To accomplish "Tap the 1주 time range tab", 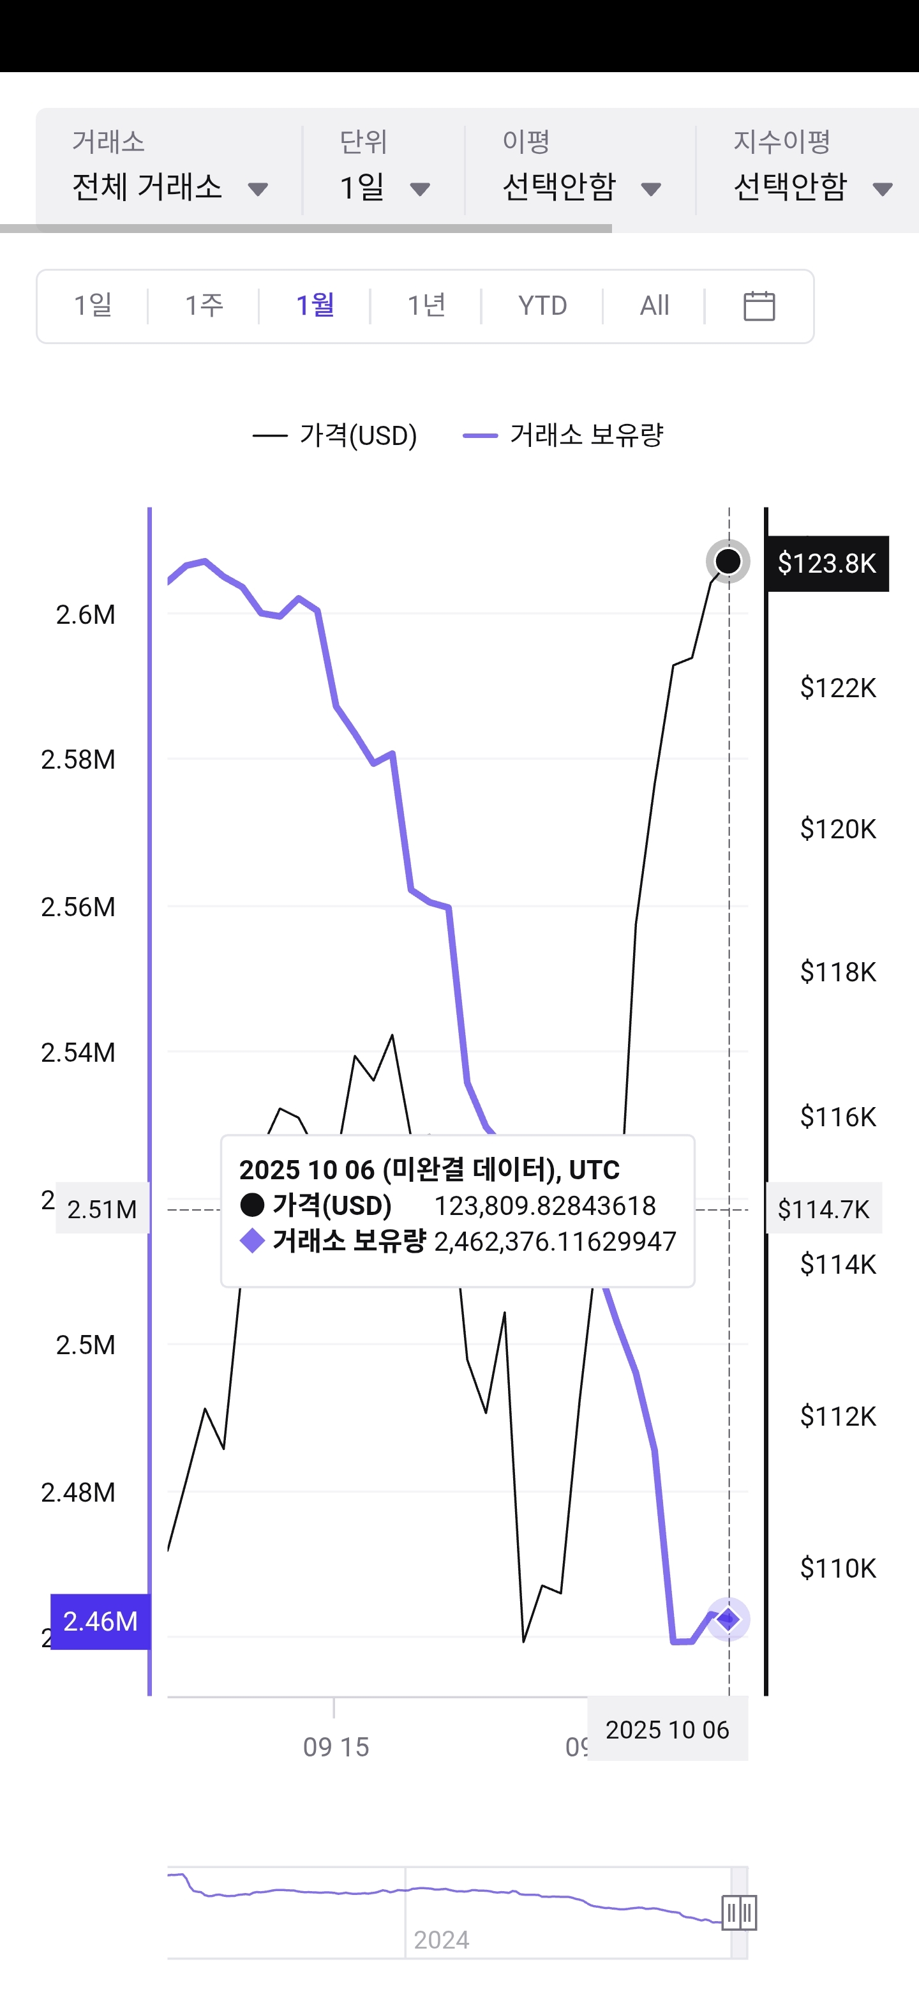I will [x=204, y=305].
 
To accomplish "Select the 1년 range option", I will [x=426, y=305].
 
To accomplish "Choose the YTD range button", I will [x=542, y=305].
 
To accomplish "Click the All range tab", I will [x=654, y=305].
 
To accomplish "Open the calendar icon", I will [x=759, y=305].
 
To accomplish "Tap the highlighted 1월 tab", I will [x=315, y=305].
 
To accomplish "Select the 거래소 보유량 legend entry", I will [x=564, y=435].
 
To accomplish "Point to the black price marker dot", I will [x=728, y=561].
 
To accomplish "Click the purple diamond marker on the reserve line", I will [x=728, y=1618].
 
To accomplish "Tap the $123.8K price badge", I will [x=827, y=564].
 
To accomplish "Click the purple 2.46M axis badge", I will [x=100, y=1621].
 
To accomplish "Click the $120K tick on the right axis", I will [x=838, y=829].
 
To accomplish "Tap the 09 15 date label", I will [x=336, y=1747].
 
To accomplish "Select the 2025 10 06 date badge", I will [x=667, y=1730].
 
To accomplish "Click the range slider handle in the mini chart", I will [x=739, y=1913].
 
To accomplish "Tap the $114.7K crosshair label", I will [x=824, y=1209].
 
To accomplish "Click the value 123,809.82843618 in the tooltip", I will [x=545, y=1205].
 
